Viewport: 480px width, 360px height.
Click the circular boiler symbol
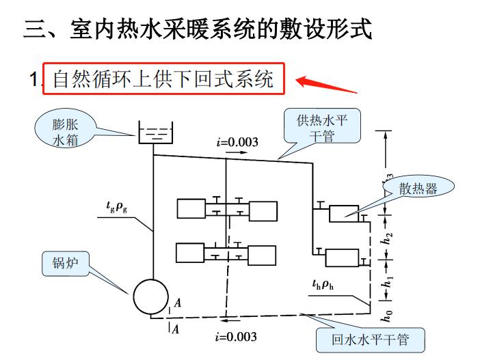(151, 296)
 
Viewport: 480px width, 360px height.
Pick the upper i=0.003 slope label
(237, 142)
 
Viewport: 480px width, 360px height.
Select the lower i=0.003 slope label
(236, 337)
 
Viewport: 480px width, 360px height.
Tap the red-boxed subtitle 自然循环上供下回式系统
(163, 79)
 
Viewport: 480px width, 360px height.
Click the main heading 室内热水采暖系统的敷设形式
(198, 29)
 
